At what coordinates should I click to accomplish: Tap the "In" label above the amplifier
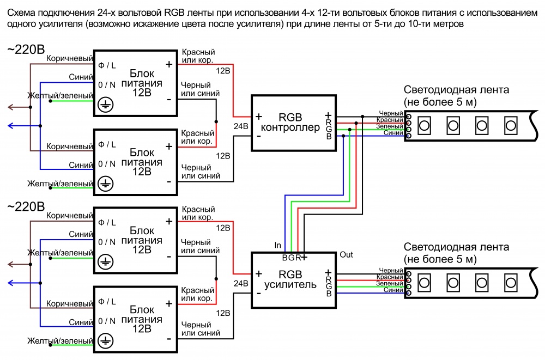[278, 246]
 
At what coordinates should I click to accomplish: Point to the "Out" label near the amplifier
[346, 254]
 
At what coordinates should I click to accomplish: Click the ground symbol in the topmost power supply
[106, 105]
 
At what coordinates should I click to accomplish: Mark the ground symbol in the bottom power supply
[106, 341]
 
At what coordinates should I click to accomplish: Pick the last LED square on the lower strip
[511, 282]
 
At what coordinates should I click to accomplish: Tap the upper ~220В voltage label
[26, 50]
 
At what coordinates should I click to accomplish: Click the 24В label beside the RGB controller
[241, 126]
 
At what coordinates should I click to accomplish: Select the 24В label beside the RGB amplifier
[241, 283]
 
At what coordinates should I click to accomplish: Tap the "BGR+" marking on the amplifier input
[295, 257]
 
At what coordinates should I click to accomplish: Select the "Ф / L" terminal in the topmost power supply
[107, 65]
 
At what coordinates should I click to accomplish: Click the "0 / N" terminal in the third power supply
[107, 242]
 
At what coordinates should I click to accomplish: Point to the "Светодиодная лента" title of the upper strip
[456, 90]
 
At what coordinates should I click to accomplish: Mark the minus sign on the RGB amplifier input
[258, 292]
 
